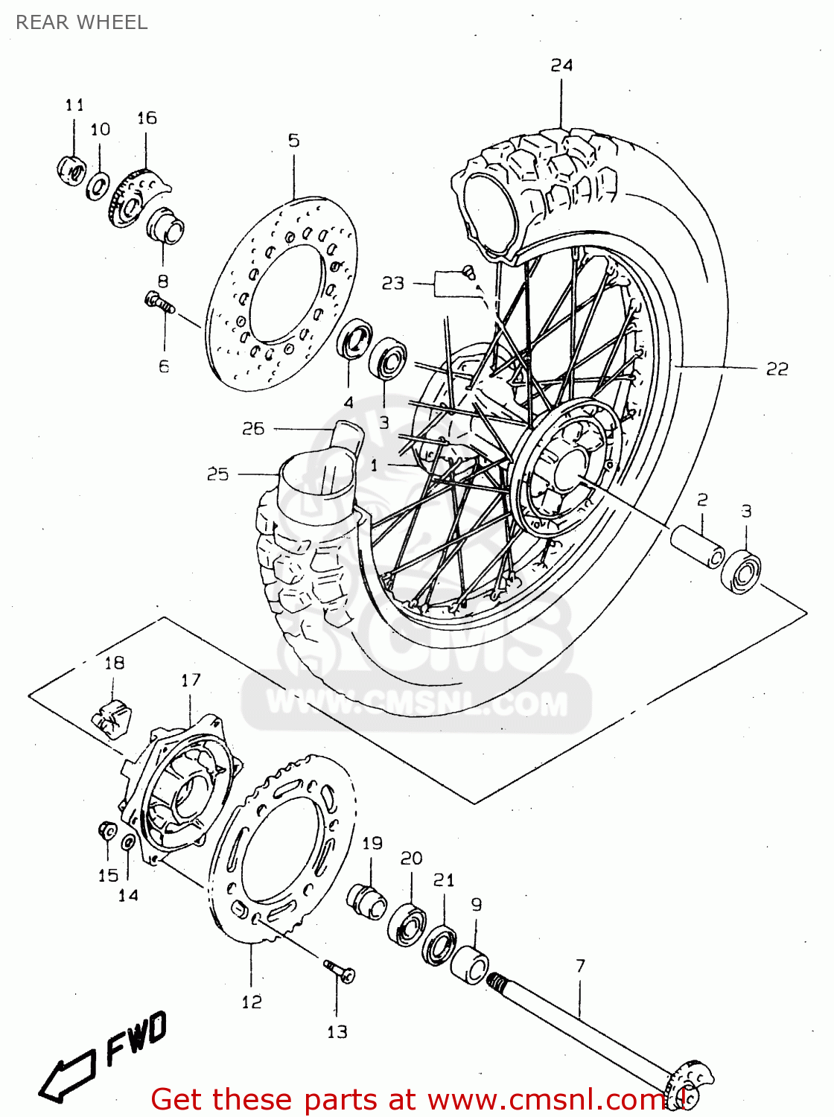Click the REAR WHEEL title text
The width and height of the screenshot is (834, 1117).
click(82, 22)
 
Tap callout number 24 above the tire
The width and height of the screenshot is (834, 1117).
click(561, 66)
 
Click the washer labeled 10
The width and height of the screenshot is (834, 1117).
click(97, 185)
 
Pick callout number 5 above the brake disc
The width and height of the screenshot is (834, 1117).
click(293, 140)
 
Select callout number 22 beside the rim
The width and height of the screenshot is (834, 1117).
click(777, 369)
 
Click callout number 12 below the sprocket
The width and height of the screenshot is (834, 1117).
click(252, 1002)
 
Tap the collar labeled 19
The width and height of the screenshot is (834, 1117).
click(366, 900)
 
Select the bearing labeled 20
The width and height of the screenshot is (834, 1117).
click(407, 924)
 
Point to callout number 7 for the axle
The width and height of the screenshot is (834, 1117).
click(580, 966)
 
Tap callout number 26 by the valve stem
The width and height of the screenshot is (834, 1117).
click(253, 428)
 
